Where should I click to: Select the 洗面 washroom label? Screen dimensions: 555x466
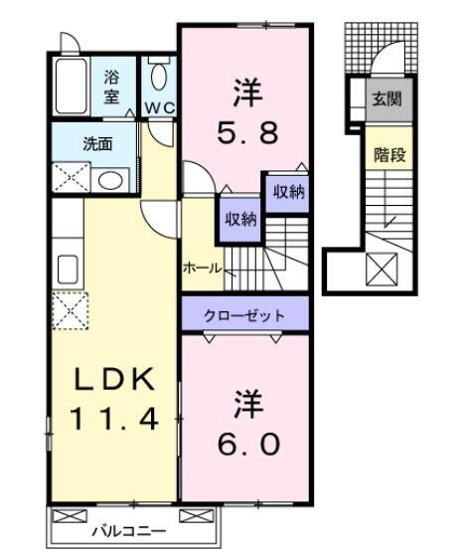point(96,142)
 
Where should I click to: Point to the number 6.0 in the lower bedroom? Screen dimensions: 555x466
point(242,426)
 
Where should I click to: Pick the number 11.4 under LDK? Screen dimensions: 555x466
point(112,419)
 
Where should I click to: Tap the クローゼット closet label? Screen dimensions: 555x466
point(243,315)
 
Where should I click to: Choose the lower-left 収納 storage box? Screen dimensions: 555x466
point(238,219)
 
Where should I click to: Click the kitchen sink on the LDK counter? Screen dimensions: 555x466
point(69,269)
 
